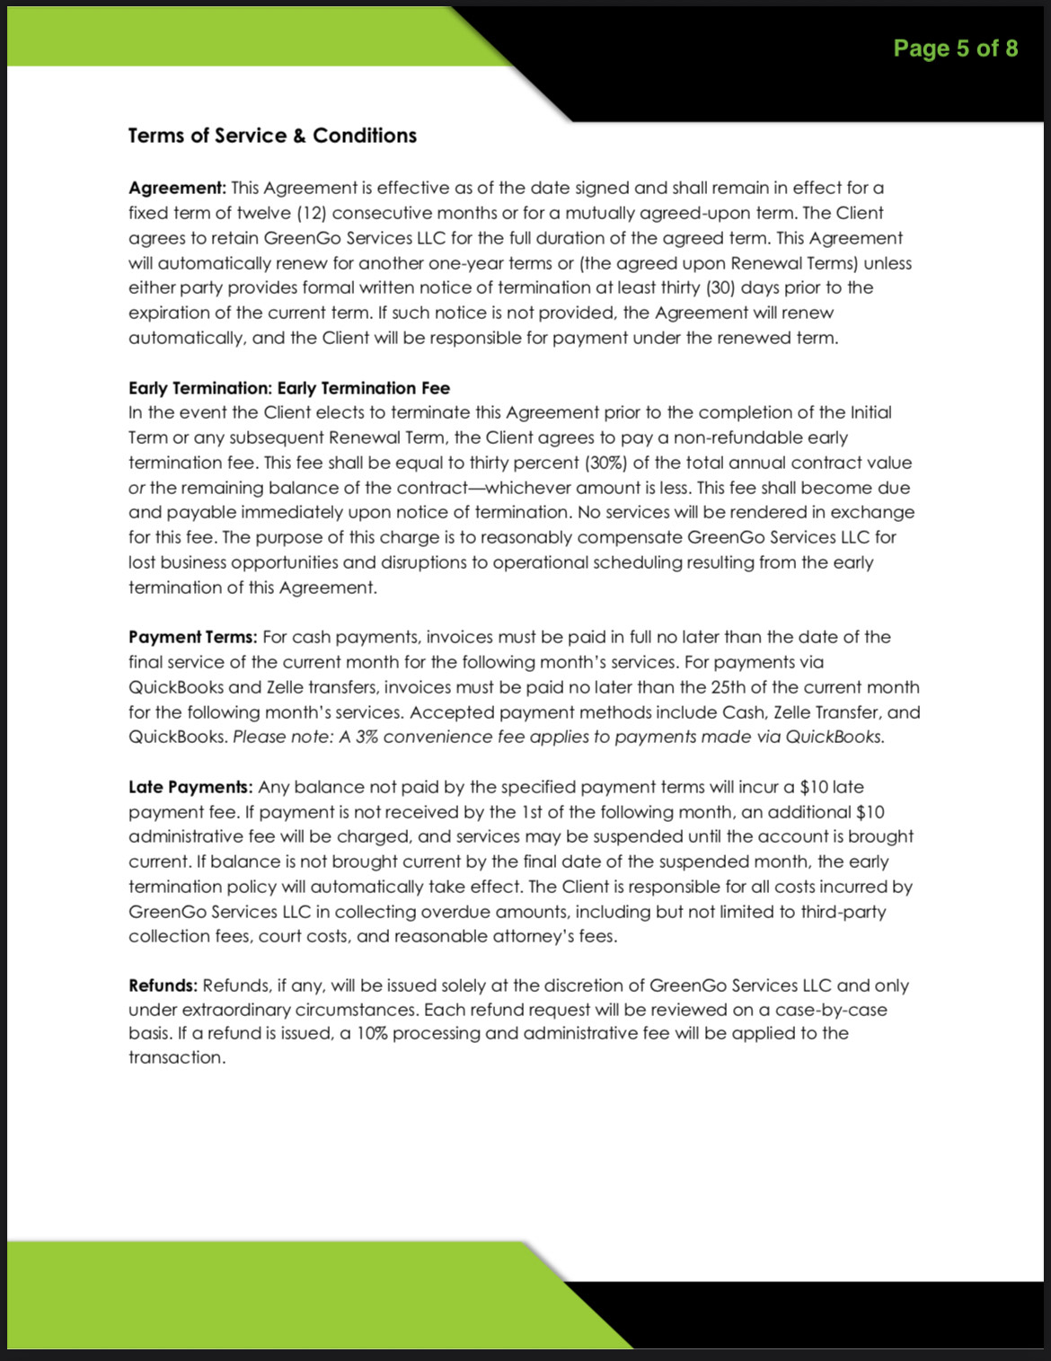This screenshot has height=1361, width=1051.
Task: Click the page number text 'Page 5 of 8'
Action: click(x=955, y=49)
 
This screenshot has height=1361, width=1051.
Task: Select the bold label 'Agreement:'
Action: click(x=177, y=188)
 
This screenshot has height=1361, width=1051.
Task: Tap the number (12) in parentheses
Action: click(x=312, y=213)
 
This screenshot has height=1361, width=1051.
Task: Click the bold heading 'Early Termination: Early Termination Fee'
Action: click(x=289, y=388)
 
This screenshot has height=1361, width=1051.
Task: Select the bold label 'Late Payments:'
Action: click(x=190, y=787)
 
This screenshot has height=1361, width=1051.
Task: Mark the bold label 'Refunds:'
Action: click(x=163, y=985)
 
